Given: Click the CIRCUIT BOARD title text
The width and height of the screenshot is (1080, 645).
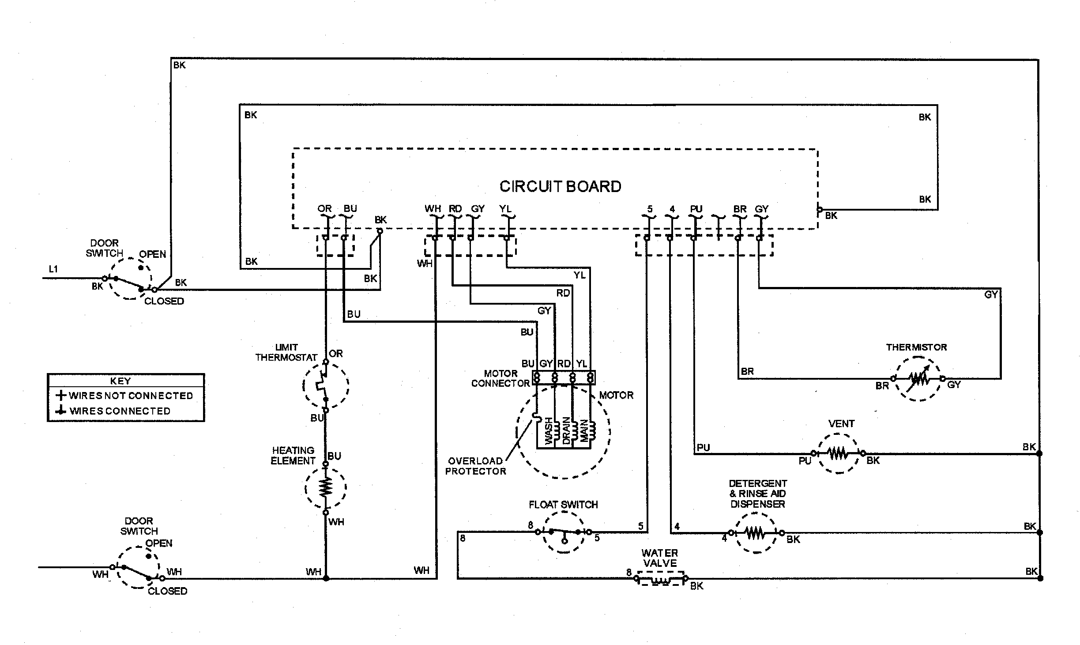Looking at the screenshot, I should (x=560, y=186).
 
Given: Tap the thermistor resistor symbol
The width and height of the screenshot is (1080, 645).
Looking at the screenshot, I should (x=918, y=379).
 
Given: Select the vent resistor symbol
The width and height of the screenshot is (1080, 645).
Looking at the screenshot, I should (x=838, y=453).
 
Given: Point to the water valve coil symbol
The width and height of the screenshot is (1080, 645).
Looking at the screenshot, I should (x=660, y=579).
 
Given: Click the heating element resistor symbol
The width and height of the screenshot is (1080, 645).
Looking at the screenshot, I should (x=326, y=488).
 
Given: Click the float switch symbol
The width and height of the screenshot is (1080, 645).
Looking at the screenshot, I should (x=564, y=532).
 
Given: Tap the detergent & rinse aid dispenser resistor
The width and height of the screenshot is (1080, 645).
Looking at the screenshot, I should (x=756, y=533).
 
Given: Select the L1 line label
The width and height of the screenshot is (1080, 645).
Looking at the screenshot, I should (x=53, y=269).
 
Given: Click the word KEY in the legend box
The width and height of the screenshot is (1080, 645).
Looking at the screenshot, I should (x=120, y=381).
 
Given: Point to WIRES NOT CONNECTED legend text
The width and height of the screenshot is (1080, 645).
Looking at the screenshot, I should (x=131, y=396).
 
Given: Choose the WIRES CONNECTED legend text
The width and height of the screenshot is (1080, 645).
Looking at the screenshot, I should (x=120, y=411).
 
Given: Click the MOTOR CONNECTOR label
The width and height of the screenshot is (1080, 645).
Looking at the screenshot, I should (x=500, y=378).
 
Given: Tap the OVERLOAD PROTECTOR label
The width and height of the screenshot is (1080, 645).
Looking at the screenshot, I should (x=475, y=466).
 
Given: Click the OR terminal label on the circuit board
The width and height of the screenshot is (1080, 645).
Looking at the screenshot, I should (x=324, y=208).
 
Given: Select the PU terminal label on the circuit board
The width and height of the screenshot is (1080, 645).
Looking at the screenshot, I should (x=696, y=209).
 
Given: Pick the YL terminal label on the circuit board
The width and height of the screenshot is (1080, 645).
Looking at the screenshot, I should (x=505, y=208).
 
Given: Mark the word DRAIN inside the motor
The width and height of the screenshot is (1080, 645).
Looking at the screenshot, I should (x=566, y=431).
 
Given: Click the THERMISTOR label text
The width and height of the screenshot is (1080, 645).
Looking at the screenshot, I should (x=916, y=347).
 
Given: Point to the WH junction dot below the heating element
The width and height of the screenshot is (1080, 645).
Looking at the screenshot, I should (x=326, y=578).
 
